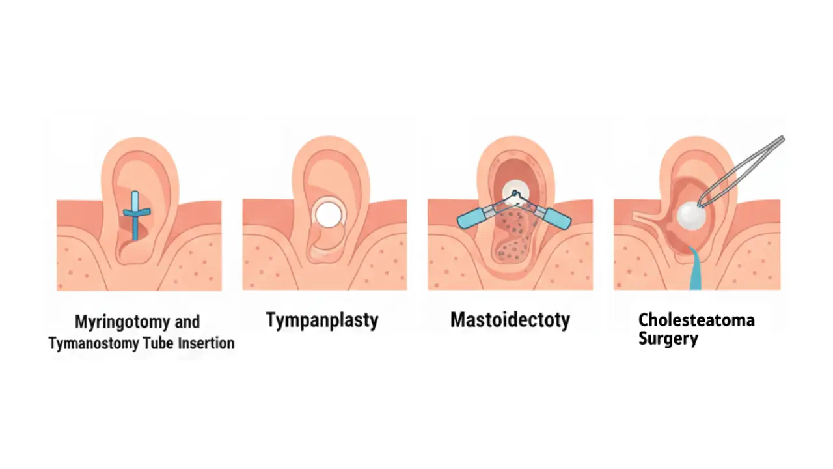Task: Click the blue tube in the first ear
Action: (135, 215)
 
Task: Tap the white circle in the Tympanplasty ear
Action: (328, 214)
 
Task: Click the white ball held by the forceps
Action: (689, 213)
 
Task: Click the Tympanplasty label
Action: (321, 320)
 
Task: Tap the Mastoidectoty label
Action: (510, 320)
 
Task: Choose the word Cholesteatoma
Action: (696, 320)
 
